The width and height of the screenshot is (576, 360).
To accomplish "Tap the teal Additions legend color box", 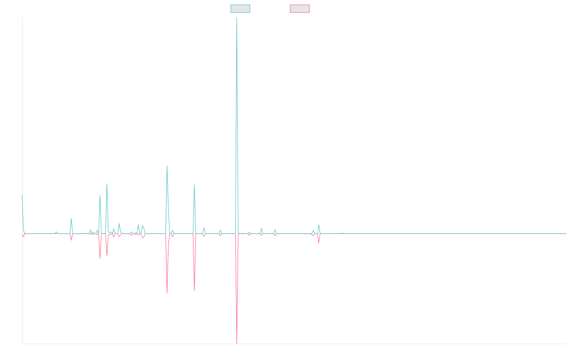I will tap(240, 9).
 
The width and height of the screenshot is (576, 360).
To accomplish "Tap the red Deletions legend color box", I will tap(300, 9).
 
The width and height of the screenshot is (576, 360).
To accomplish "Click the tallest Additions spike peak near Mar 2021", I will tap(237, 18).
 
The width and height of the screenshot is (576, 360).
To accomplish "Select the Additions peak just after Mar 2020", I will tap(167, 166).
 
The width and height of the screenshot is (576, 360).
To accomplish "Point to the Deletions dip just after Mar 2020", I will tap(167, 292).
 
